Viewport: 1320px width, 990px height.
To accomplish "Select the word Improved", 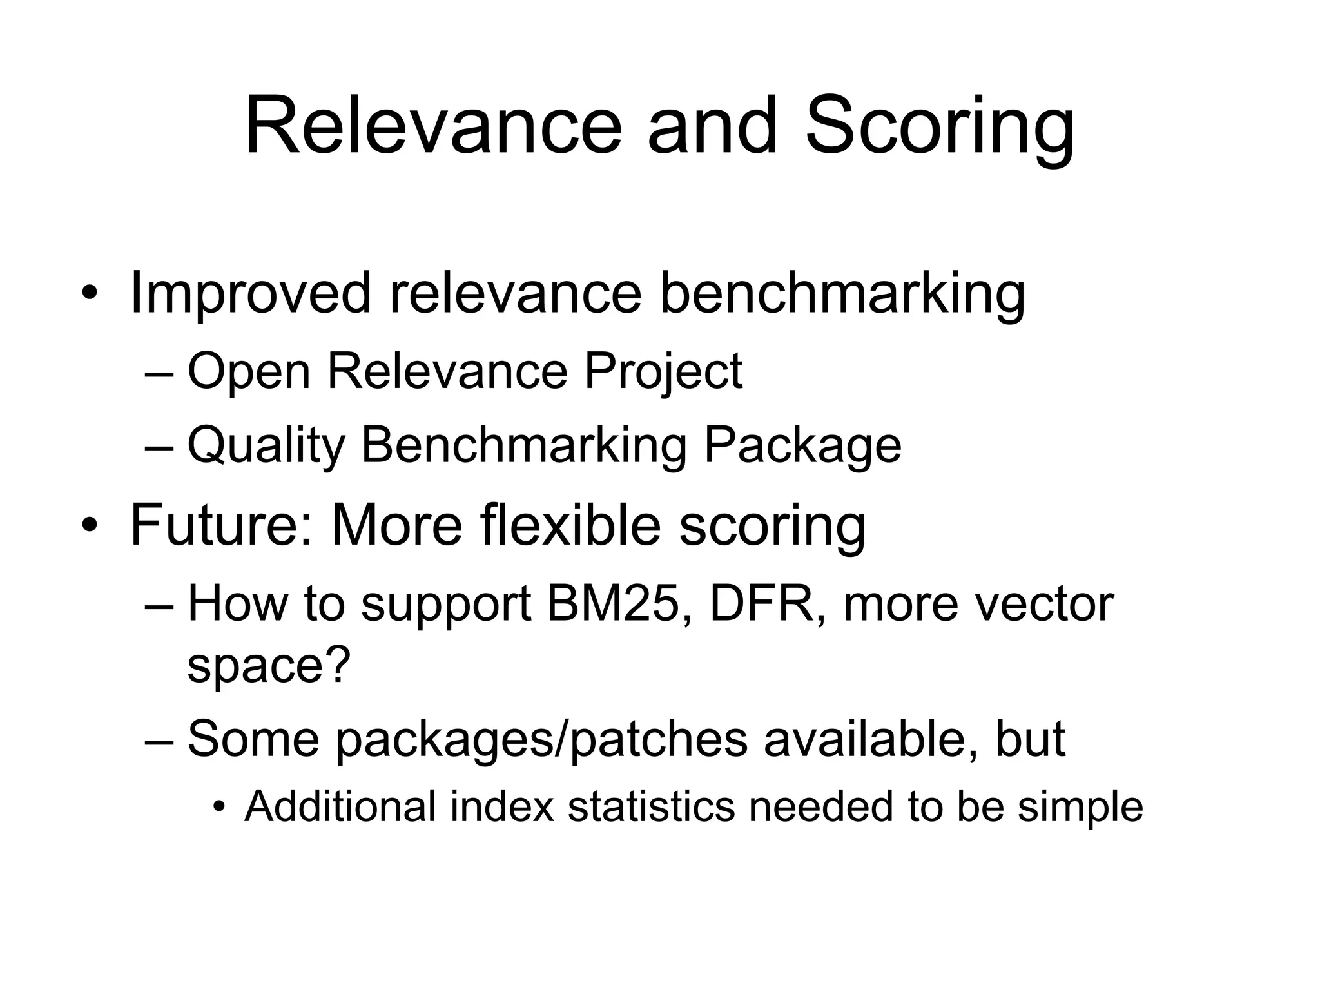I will click(250, 294).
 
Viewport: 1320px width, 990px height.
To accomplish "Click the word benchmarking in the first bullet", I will click(842, 294).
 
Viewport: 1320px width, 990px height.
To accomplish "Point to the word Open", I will click(249, 372).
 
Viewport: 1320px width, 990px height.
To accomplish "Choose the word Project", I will click(663, 372).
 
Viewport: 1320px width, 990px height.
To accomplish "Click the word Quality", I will click(266, 445).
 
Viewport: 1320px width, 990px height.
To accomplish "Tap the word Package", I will click(802, 445).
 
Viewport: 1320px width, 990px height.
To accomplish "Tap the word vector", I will click(1043, 604).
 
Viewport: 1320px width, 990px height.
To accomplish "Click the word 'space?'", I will click(269, 666).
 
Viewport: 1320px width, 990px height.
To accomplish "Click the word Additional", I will click(340, 806).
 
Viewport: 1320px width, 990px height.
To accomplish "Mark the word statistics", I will click(651, 806).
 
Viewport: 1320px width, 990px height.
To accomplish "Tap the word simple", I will click(1081, 808).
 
